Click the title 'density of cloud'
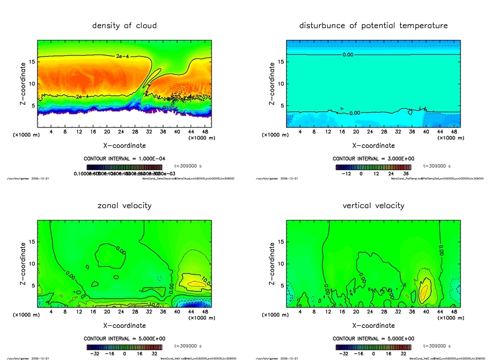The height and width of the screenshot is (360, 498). pyautogui.click(x=124, y=25)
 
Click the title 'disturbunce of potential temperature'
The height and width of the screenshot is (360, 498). pyautogui.click(x=373, y=25)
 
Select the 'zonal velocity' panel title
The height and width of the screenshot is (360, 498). pyautogui.click(x=124, y=205)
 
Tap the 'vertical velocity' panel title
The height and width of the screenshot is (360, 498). pyautogui.click(x=373, y=205)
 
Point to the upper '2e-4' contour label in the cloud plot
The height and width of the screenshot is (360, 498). pyautogui.click(x=123, y=57)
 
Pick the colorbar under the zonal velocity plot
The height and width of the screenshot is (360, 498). pyautogui.click(x=124, y=347)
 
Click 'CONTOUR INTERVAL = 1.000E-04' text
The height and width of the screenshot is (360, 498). pyautogui.click(x=124, y=159)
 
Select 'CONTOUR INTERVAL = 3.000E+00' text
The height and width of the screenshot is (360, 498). pyautogui.click(x=373, y=159)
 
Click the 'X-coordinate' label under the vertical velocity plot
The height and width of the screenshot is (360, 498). pyautogui.click(x=373, y=325)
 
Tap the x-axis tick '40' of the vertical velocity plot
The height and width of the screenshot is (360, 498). pyautogui.click(x=426, y=312)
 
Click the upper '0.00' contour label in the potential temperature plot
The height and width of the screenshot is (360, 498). pyautogui.click(x=348, y=55)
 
